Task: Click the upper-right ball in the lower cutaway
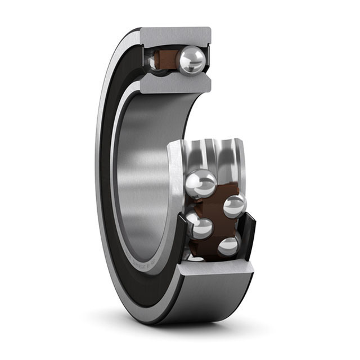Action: click(x=234, y=206)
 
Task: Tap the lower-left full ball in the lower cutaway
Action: click(x=201, y=228)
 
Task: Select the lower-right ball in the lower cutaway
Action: click(x=228, y=246)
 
